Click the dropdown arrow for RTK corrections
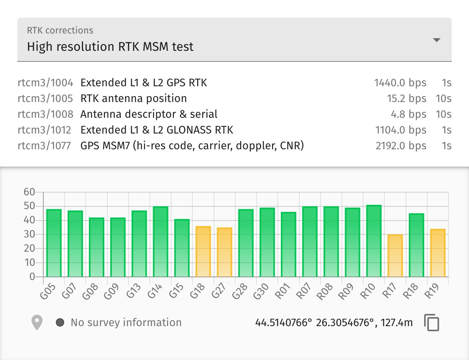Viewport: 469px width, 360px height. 436,40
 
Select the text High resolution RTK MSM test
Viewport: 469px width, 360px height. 110,47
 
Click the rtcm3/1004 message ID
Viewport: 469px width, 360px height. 45,83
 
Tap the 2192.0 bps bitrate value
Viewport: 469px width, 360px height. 401,146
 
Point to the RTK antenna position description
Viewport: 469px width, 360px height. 133,98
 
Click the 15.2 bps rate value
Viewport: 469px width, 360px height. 406,98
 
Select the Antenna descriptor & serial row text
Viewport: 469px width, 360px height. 149,114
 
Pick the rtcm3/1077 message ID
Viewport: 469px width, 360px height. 44,146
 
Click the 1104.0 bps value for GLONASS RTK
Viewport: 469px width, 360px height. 401,130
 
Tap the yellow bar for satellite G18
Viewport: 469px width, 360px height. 203,252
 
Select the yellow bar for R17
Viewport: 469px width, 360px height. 395,256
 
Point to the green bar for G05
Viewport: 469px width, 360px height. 54,243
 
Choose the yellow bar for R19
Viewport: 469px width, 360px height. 438,253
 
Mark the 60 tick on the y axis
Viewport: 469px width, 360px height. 30,192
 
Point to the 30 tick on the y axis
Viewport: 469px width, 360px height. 30,234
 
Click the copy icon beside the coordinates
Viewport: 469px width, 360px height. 432,323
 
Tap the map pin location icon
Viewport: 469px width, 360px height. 37,323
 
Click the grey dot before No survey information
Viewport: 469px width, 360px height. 60,323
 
